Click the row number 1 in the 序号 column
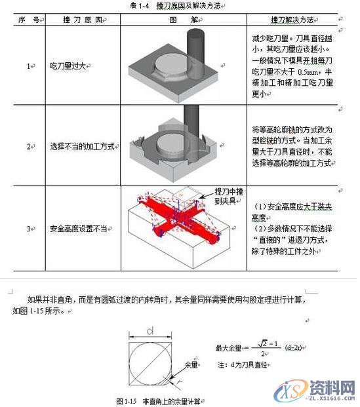pyautogui.click(x=30, y=66)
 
